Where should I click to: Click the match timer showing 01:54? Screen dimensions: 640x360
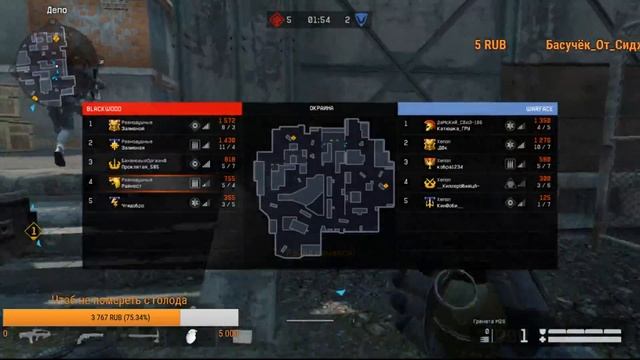point(319,19)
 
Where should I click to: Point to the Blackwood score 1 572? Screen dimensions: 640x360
point(227,122)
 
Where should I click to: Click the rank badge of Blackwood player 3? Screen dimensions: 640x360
point(111,163)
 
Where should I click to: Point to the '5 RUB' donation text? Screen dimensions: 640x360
point(490,45)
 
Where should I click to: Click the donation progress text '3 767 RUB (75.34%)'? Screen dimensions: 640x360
point(91,317)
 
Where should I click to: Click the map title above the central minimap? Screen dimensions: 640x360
point(320,108)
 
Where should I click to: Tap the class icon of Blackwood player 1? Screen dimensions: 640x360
point(196,126)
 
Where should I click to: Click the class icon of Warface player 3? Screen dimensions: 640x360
point(509,163)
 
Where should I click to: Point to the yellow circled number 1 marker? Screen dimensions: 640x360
point(33,231)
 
